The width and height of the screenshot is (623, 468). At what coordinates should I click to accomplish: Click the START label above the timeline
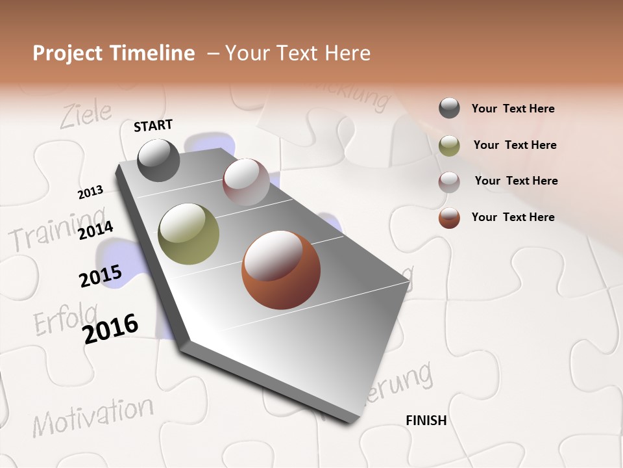pyautogui.click(x=153, y=125)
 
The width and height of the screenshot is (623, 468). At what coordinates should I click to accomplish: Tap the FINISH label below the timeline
pyautogui.click(x=426, y=421)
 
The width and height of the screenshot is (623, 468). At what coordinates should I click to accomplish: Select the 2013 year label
pyautogui.click(x=90, y=192)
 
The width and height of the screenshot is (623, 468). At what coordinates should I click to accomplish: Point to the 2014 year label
pyautogui.click(x=95, y=231)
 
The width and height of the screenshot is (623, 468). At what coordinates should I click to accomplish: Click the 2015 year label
pyautogui.click(x=100, y=277)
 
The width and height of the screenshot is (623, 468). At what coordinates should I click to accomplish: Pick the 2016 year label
pyautogui.click(x=110, y=329)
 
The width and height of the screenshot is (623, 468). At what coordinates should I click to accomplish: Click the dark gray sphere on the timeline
pyautogui.click(x=158, y=160)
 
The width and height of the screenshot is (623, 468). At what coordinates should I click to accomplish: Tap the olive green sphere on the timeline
pyautogui.click(x=188, y=234)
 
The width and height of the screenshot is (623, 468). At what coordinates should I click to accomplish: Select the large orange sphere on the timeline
pyautogui.click(x=280, y=270)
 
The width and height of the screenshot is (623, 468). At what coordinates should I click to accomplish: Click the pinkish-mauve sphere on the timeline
pyautogui.click(x=246, y=182)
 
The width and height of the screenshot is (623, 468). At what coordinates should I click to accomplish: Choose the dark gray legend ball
pyautogui.click(x=449, y=109)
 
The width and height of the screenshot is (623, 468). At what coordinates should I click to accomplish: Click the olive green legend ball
pyautogui.click(x=449, y=146)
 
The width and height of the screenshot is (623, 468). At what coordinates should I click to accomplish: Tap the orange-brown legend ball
pyautogui.click(x=449, y=218)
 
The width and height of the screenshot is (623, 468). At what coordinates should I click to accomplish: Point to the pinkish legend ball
pyautogui.click(x=449, y=182)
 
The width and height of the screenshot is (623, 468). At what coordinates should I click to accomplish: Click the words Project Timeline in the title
pyautogui.click(x=114, y=53)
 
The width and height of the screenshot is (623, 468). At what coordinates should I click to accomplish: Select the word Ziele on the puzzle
pyautogui.click(x=86, y=115)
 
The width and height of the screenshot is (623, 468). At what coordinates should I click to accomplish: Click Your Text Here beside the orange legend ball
pyautogui.click(x=513, y=217)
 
